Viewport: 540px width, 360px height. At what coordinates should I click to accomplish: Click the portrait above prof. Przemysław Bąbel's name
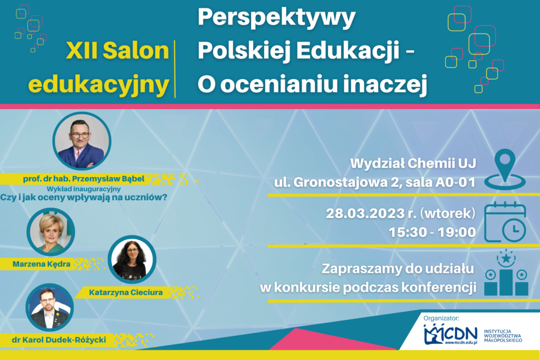tap(82, 141)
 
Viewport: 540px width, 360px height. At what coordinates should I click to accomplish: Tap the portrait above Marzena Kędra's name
tap(51, 232)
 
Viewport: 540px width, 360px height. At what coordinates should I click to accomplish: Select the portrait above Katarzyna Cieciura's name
tap(131, 260)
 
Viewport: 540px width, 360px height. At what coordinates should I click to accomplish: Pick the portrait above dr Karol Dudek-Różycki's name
tap(49, 307)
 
